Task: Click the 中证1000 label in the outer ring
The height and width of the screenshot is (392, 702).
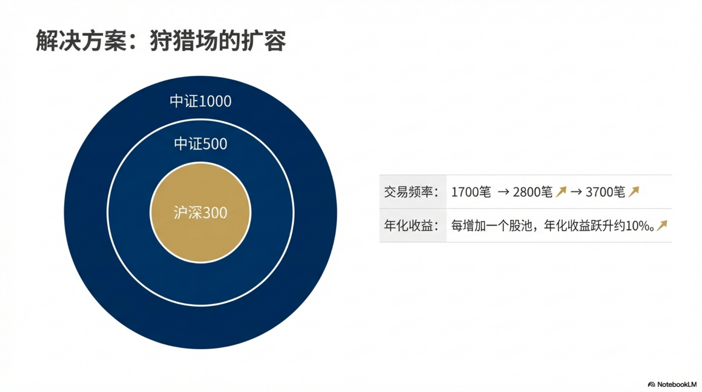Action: click(200, 101)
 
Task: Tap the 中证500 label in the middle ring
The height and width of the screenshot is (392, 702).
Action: click(200, 144)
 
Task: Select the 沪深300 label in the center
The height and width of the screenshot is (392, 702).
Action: click(200, 213)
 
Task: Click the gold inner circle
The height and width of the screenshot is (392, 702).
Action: click(200, 213)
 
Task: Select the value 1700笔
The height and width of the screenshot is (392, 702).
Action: click(471, 192)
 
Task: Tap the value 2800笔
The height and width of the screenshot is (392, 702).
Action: click(533, 192)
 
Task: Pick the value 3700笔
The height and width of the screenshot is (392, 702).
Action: click(605, 192)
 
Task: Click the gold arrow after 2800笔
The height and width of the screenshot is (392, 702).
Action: click(561, 191)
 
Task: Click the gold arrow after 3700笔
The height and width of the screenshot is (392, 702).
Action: click(634, 191)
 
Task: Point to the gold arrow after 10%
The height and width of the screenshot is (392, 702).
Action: click(662, 225)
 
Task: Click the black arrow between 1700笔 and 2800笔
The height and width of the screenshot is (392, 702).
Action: click(503, 192)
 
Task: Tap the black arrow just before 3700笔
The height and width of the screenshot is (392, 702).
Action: click(576, 192)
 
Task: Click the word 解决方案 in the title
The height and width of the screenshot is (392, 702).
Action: click(81, 41)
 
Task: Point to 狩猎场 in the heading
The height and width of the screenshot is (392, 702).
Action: click(184, 41)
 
